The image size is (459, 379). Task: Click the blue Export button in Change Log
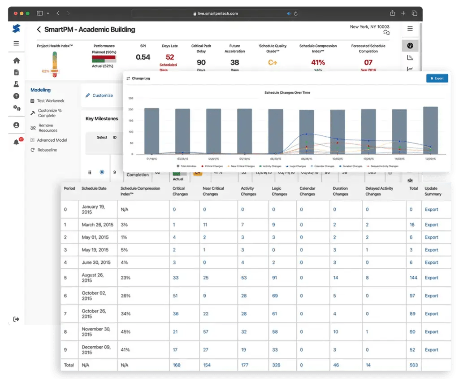tap(437, 78)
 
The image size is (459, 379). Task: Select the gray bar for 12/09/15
tap(430, 130)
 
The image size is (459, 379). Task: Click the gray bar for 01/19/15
tap(152, 131)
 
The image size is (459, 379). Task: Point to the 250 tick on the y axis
tap(131, 98)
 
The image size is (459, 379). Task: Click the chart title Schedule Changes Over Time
tap(287, 93)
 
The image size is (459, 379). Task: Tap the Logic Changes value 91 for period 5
tap(274, 278)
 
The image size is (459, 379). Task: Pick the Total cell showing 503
tap(413, 365)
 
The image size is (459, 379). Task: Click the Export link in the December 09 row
tap(431, 350)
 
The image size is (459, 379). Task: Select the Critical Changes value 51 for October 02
tap(175, 296)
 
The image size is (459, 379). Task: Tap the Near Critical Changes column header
tap(214, 191)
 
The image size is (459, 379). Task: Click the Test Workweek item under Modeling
tap(50, 101)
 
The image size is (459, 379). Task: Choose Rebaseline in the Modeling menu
tap(47, 150)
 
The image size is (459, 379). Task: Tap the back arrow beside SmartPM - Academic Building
tap(39, 30)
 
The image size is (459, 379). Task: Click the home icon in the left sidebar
tap(17, 61)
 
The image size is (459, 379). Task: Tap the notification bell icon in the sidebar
tap(17, 142)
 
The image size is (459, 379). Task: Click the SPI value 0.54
tap(143, 57)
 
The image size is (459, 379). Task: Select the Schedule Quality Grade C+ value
tap(273, 62)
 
